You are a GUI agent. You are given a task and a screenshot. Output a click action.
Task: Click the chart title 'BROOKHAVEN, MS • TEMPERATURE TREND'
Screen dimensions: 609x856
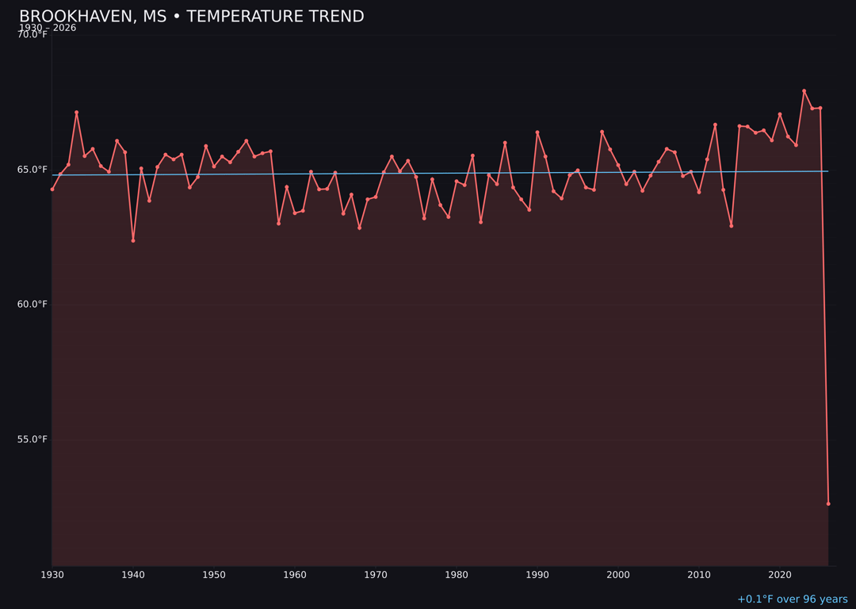pos(191,17)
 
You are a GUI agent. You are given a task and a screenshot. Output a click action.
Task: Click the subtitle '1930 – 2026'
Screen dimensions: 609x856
pos(48,29)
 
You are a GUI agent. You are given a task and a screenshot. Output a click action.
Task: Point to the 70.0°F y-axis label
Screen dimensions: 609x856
pos(32,35)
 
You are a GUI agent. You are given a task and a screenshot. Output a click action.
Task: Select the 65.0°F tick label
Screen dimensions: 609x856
pos(32,170)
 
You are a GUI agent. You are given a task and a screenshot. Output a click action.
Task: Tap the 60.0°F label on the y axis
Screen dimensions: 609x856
pos(32,304)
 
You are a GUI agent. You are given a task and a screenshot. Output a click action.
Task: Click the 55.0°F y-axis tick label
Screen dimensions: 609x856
pos(32,439)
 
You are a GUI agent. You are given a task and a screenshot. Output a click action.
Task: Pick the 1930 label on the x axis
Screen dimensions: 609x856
pos(52,575)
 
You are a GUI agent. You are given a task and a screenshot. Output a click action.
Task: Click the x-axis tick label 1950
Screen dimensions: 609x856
pos(214,575)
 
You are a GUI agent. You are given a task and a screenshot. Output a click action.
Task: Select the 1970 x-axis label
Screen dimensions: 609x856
pos(376,575)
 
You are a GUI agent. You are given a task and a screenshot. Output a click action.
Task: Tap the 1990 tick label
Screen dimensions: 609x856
pos(537,575)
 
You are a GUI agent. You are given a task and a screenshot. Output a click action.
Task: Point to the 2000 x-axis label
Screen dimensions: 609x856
pos(618,575)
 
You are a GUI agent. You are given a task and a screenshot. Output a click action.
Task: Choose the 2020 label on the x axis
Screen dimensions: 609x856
pos(780,575)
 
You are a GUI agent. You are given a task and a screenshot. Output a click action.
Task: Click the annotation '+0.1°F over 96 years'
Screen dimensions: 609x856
pos(792,599)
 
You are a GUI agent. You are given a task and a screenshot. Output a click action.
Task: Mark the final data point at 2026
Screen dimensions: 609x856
pos(828,504)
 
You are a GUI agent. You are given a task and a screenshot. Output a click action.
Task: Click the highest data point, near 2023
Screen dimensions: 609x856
pos(804,91)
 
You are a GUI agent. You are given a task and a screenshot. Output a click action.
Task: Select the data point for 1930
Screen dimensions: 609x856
pos(52,189)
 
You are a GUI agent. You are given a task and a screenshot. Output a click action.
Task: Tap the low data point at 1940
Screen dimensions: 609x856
pos(133,240)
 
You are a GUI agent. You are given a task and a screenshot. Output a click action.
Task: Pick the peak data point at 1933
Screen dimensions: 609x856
pos(77,113)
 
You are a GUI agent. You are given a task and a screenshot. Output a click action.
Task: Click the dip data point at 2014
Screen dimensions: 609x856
pos(732,226)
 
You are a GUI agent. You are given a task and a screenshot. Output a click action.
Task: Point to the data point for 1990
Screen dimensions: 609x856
pos(537,132)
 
